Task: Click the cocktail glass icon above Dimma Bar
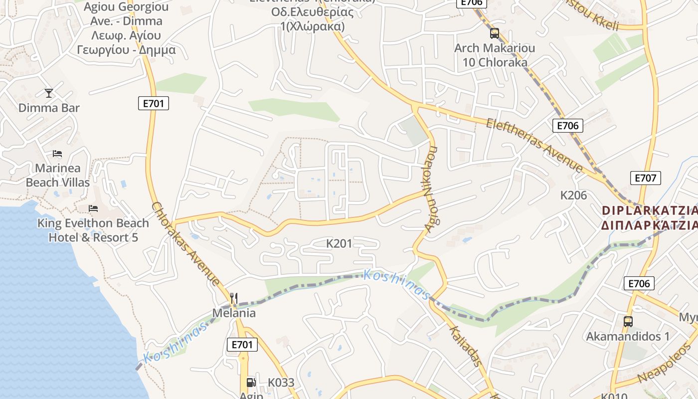tap(48, 93)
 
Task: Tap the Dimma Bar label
tap(49, 108)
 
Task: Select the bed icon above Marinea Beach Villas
tap(57, 153)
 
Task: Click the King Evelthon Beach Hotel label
tap(93, 230)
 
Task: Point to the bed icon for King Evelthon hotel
tap(93, 208)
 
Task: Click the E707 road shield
tap(646, 178)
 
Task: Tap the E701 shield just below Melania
tap(242, 344)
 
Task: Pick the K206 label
tap(573, 195)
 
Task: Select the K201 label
tap(339, 243)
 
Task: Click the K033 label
tap(281, 383)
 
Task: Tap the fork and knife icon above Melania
tap(234, 298)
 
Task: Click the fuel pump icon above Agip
tap(251, 382)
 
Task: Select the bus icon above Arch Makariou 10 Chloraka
tap(494, 33)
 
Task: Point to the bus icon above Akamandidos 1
tap(628, 321)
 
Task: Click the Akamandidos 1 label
tap(627, 336)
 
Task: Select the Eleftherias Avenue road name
tap(534, 145)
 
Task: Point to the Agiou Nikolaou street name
tap(430, 190)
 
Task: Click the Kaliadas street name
tap(466, 346)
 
